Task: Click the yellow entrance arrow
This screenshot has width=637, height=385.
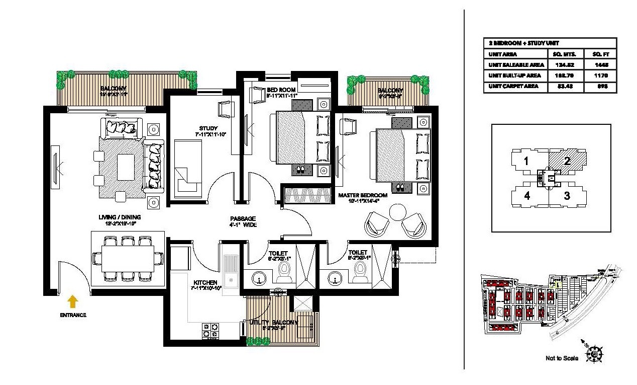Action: (x=73, y=301)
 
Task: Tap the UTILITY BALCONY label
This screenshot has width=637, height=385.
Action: (x=274, y=322)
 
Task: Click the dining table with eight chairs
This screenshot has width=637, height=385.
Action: (x=128, y=258)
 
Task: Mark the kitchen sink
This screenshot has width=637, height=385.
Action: (x=231, y=272)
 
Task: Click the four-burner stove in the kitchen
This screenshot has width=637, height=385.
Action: (x=210, y=330)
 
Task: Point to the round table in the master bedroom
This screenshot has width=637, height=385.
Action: (x=400, y=210)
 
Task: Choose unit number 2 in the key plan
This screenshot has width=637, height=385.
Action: (x=566, y=162)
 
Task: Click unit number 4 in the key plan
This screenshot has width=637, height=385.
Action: (x=526, y=196)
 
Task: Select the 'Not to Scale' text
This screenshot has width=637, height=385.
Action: (x=562, y=358)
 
